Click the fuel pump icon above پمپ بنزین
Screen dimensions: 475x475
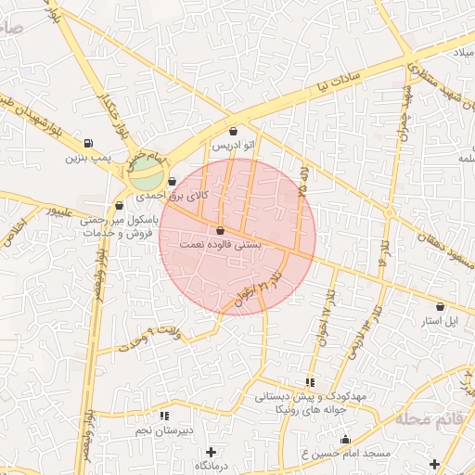(88, 143)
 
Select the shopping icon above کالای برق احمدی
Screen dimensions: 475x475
(173, 181)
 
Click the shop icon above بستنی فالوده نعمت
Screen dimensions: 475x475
(220, 230)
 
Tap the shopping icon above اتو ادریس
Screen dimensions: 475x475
(232, 132)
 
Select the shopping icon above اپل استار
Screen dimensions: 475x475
(440, 305)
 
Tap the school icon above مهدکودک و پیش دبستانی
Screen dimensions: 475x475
(310, 381)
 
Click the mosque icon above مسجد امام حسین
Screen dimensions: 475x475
(346, 440)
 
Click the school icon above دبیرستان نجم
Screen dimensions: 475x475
(164, 416)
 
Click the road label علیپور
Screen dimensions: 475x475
(71, 212)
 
